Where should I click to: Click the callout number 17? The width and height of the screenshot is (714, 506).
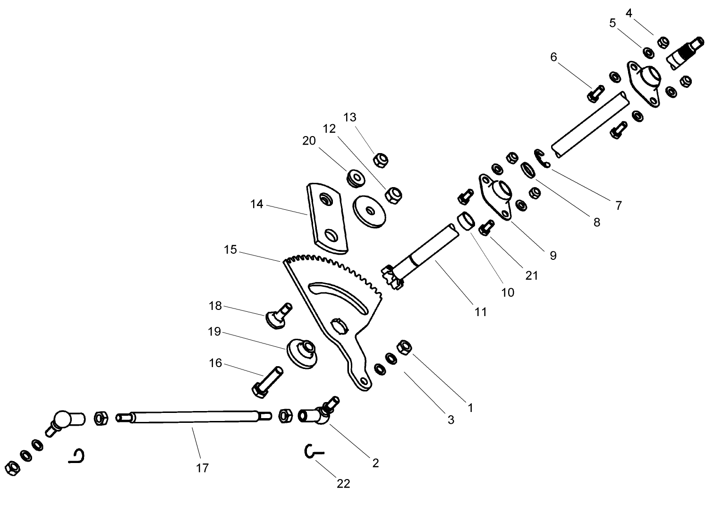[202, 468]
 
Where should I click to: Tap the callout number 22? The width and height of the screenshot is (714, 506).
[343, 483]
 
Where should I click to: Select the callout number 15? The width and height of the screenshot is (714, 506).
[230, 249]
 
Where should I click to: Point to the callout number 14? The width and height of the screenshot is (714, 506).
[257, 205]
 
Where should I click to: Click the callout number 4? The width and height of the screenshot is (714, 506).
[629, 13]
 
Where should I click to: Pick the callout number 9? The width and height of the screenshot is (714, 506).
[553, 256]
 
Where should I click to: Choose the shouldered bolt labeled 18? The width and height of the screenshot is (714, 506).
[279, 314]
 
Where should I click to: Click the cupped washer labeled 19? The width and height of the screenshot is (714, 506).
[302, 353]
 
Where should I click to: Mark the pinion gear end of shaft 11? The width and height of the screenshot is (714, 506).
[392, 276]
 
